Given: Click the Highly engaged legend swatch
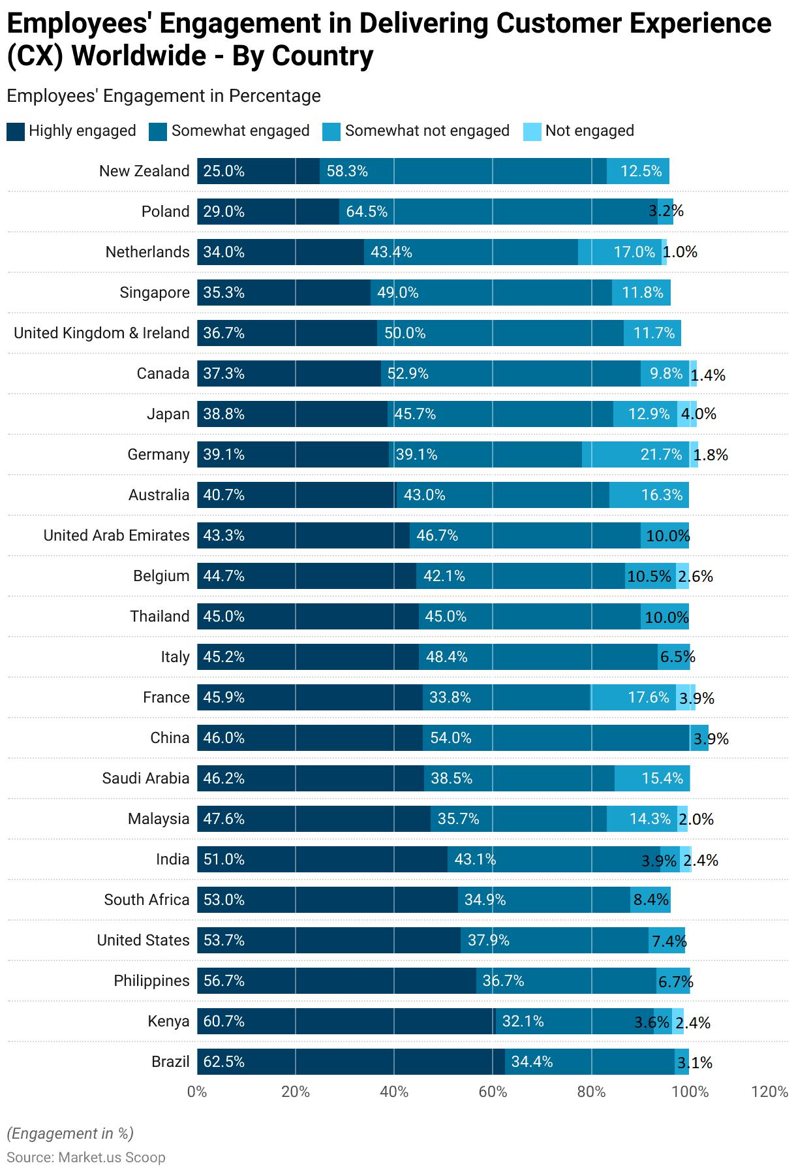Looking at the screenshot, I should pos(16,131).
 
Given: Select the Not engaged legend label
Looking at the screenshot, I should pos(589,131).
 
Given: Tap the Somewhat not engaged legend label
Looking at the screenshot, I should pos(427,131).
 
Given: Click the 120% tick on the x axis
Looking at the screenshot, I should pos(770,1092).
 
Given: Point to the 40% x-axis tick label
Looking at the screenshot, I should pos(394,1092).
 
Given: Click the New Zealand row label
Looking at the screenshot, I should pos(144,171).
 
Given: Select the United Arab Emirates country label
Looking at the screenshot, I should pos(116,535).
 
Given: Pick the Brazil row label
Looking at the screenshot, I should pos(170,1062).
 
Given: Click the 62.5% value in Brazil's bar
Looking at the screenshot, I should pos(224,1062).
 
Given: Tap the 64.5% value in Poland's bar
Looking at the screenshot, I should pos(367,212).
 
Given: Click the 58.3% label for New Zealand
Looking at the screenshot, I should pos(347,171).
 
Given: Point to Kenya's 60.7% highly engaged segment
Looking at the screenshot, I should pos(346,1021).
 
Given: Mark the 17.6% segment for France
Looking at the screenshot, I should pos(633,697).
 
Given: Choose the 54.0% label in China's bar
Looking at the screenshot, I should pos(450,738).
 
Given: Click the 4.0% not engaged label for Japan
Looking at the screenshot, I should pos(698,414).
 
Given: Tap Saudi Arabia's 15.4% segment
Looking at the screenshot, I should pos(652,778).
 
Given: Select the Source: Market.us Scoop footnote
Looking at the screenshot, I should pos(86,1157).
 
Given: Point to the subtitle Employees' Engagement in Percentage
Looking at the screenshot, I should pos(164,96).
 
